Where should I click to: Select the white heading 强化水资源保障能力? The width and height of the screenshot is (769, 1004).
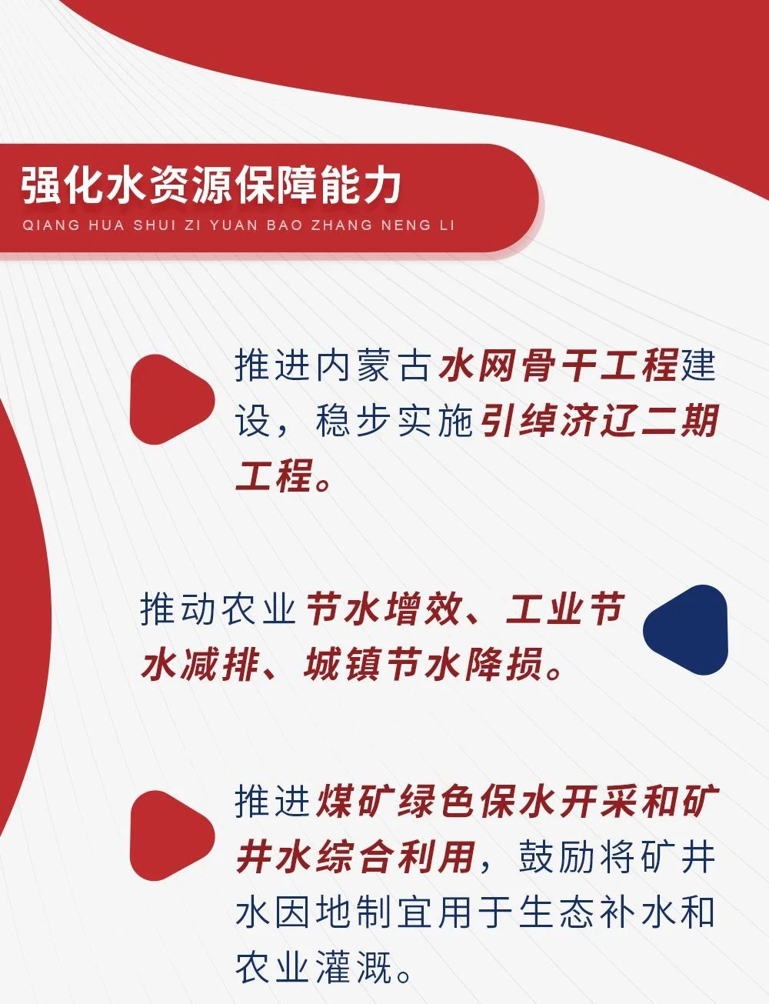click(x=211, y=187)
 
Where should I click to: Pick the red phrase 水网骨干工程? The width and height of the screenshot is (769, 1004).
click(x=558, y=366)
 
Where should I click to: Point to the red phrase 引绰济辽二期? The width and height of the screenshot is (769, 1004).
click(x=600, y=422)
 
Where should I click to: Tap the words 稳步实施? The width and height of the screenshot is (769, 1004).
click(x=396, y=422)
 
